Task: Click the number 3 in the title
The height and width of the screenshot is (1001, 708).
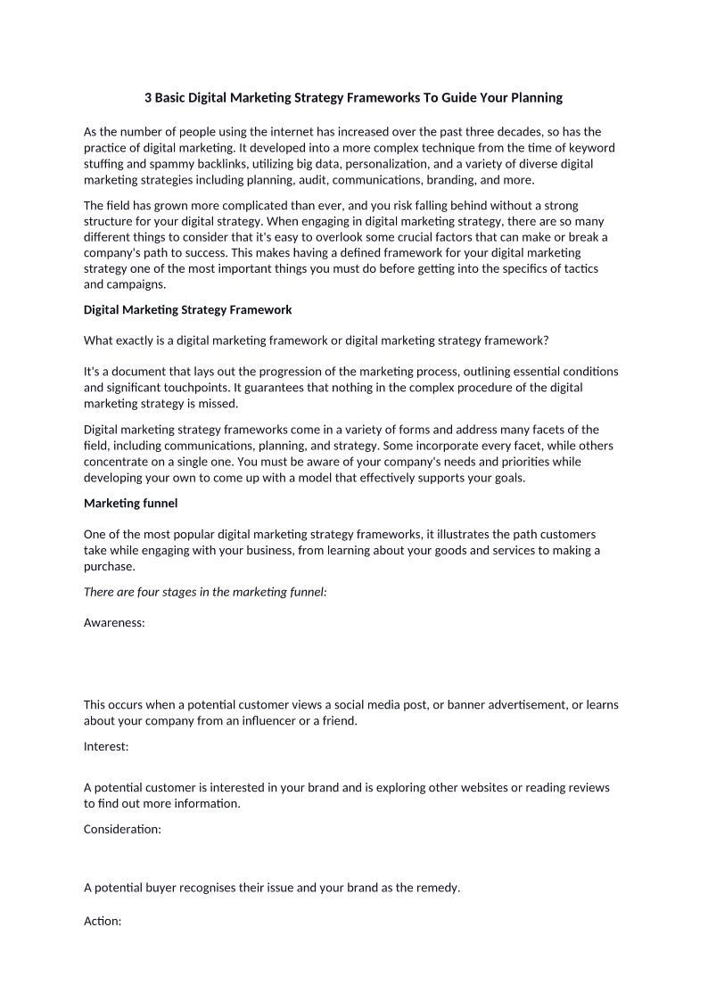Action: point(148,97)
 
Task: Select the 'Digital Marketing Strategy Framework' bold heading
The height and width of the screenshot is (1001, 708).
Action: point(187,310)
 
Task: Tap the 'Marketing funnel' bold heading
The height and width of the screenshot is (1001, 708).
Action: point(130,504)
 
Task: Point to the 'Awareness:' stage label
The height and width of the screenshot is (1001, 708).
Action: point(114,623)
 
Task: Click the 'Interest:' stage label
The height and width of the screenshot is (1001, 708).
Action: point(106,747)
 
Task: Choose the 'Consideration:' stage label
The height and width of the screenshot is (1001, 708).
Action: point(122,829)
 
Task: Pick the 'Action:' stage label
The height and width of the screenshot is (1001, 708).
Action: point(103,921)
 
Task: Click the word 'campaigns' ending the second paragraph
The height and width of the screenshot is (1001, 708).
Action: point(135,285)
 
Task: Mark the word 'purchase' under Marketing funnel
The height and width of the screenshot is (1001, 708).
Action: point(108,567)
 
